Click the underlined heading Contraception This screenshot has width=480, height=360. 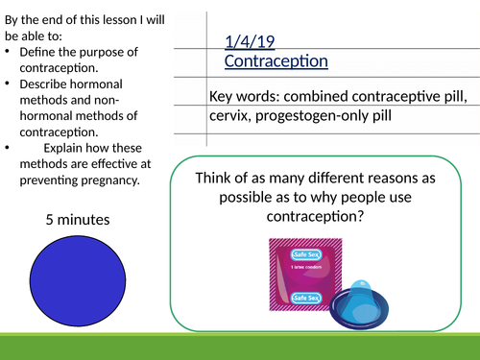[x=276, y=60]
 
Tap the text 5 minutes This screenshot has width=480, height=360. [x=78, y=220]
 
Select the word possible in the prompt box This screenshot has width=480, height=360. [x=236, y=197]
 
